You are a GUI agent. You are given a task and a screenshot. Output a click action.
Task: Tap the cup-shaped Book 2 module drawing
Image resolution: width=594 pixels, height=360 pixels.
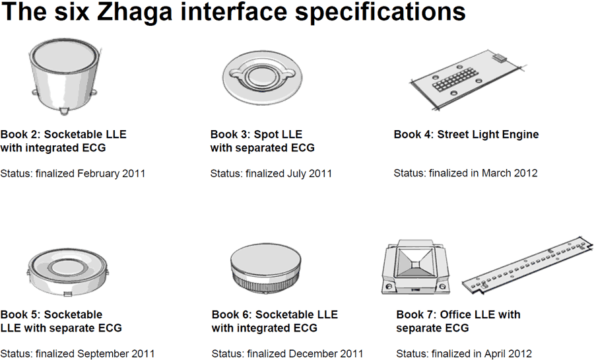[65, 76]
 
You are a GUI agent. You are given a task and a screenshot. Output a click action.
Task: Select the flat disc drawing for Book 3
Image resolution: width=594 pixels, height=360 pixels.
[262, 78]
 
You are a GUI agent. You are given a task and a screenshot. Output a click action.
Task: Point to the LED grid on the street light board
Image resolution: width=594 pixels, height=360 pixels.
[455, 79]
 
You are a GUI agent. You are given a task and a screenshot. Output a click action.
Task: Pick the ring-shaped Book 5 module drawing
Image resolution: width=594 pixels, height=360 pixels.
[67, 271]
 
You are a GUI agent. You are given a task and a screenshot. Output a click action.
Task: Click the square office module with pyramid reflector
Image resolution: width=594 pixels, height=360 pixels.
[416, 267]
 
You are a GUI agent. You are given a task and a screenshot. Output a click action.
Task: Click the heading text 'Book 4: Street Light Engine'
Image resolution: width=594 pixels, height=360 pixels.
[467, 135]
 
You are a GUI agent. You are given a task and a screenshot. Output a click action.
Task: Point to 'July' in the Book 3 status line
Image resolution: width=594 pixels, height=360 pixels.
[298, 174]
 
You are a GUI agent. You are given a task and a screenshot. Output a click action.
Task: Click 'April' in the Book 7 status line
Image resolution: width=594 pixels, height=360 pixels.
[496, 353]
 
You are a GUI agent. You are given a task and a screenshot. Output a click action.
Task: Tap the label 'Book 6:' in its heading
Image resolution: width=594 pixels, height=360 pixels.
[232, 314]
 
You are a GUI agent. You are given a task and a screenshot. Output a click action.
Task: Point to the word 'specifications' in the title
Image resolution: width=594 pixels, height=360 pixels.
[380, 13]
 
